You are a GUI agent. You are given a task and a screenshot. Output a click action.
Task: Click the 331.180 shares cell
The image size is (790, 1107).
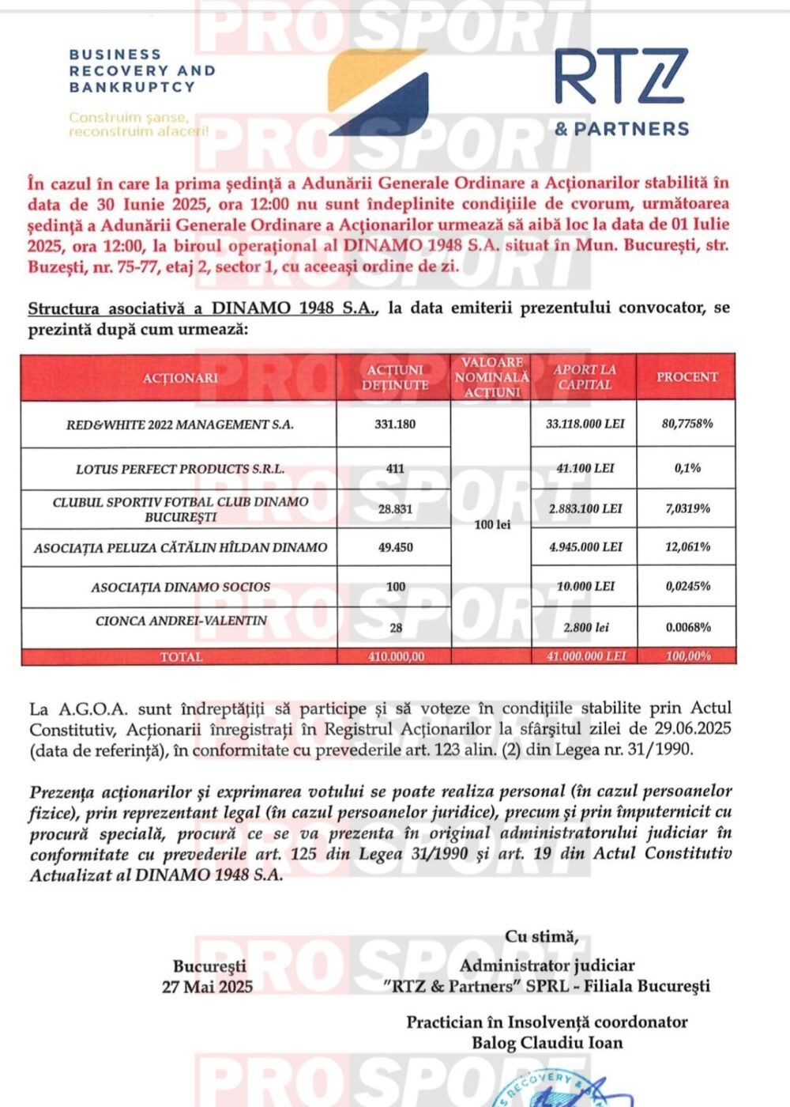395,425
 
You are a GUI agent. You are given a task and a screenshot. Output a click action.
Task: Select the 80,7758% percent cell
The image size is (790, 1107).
687,424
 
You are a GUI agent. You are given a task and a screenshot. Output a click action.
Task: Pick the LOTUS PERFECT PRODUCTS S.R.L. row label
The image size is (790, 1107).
179,469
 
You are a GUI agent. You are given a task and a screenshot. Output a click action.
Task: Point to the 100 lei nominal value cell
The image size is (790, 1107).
492,524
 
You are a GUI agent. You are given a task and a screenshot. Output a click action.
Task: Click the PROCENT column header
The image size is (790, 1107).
687,377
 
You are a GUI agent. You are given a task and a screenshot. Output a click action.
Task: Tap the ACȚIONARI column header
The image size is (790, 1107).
179,378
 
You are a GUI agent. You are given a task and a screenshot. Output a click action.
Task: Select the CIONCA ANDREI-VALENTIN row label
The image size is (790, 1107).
181,621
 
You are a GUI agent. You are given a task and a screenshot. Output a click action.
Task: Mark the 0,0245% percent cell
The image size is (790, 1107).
687,587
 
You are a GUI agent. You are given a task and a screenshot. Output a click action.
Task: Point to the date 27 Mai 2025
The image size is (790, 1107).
208,987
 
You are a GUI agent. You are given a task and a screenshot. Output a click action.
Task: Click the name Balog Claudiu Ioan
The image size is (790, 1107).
547,1043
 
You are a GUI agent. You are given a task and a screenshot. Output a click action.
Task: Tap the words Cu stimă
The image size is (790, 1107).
542,937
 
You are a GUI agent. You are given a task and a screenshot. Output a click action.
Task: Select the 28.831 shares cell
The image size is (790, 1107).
395,509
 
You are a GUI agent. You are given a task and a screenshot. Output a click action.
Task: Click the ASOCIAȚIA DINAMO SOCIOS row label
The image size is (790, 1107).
180,588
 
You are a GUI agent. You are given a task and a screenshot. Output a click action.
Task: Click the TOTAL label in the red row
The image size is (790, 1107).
181,657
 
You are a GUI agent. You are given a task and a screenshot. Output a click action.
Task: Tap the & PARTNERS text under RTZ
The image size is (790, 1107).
621,129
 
